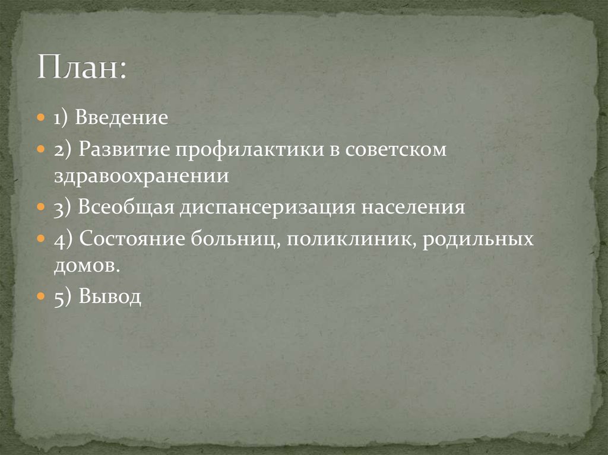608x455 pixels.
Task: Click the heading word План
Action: click(x=80, y=67)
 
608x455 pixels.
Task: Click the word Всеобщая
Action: click(x=125, y=208)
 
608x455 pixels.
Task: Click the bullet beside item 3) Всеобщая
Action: click(x=40, y=208)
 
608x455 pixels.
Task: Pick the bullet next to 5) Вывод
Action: click(x=40, y=297)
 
